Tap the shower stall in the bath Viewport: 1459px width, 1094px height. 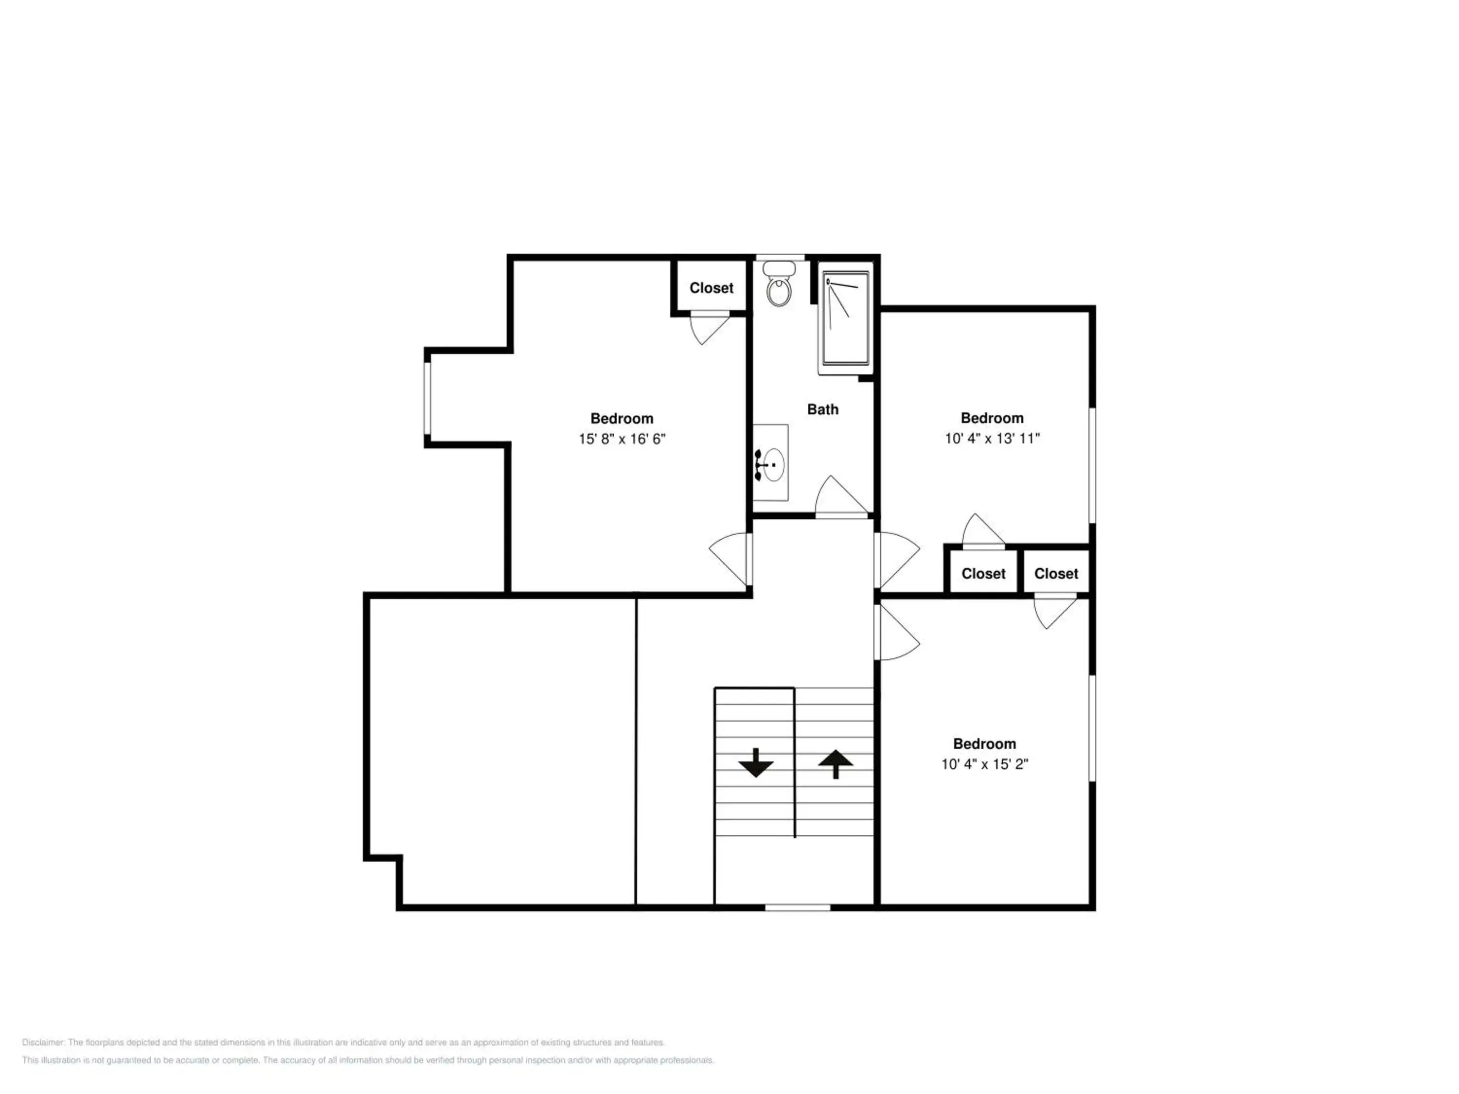pyautogui.click(x=846, y=318)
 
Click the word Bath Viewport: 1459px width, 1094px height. pyautogui.click(x=822, y=409)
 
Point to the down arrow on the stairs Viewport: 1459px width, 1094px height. pyautogui.click(x=755, y=762)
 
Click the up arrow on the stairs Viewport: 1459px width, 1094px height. pyautogui.click(x=836, y=764)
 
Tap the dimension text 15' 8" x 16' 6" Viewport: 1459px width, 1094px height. pyautogui.click(x=622, y=439)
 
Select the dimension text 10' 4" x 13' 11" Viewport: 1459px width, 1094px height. pyautogui.click(x=992, y=438)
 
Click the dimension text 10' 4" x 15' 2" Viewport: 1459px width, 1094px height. pyautogui.click(x=985, y=764)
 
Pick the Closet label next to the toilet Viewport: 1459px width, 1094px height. pyautogui.click(x=711, y=288)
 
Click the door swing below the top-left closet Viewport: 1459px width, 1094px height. pyautogui.click(x=709, y=330)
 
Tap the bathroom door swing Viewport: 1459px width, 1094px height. pyautogui.click(x=841, y=496)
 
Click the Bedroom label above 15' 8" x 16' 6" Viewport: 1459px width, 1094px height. pyautogui.click(x=622, y=419)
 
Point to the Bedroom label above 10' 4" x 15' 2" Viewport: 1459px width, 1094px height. pyautogui.click(x=985, y=744)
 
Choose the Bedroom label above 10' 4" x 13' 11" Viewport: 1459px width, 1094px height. pyautogui.click(x=992, y=418)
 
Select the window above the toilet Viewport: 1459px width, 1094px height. pyautogui.click(x=780, y=257)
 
